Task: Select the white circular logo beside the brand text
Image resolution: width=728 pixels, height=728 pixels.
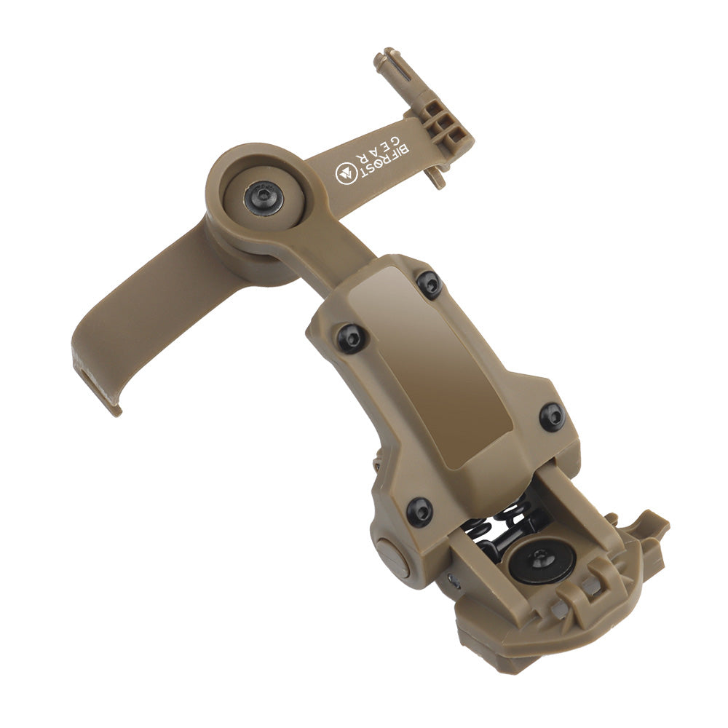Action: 344,173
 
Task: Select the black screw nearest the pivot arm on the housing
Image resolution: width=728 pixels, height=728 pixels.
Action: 430,283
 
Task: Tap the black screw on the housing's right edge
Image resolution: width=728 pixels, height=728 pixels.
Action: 551,416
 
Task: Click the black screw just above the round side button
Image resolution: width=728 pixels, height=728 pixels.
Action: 419,511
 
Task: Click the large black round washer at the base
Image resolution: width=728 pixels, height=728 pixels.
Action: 542,561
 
